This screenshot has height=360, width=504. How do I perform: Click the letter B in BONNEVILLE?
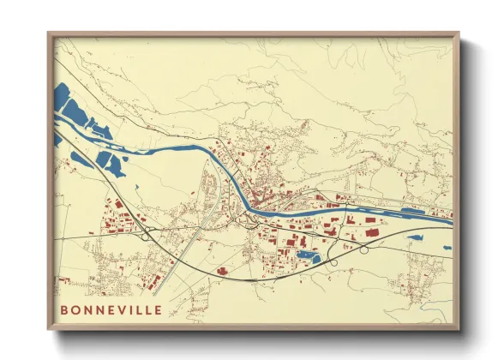tap(64, 309)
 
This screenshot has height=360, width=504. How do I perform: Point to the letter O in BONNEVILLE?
tap(76, 309)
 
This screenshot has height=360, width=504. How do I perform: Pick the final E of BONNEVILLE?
tap(156, 309)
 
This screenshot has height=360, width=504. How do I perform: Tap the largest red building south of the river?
tap(371, 231)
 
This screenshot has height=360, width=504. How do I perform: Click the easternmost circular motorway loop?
tap(364, 250)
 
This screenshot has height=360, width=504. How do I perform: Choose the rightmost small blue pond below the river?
tap(446, 248)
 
